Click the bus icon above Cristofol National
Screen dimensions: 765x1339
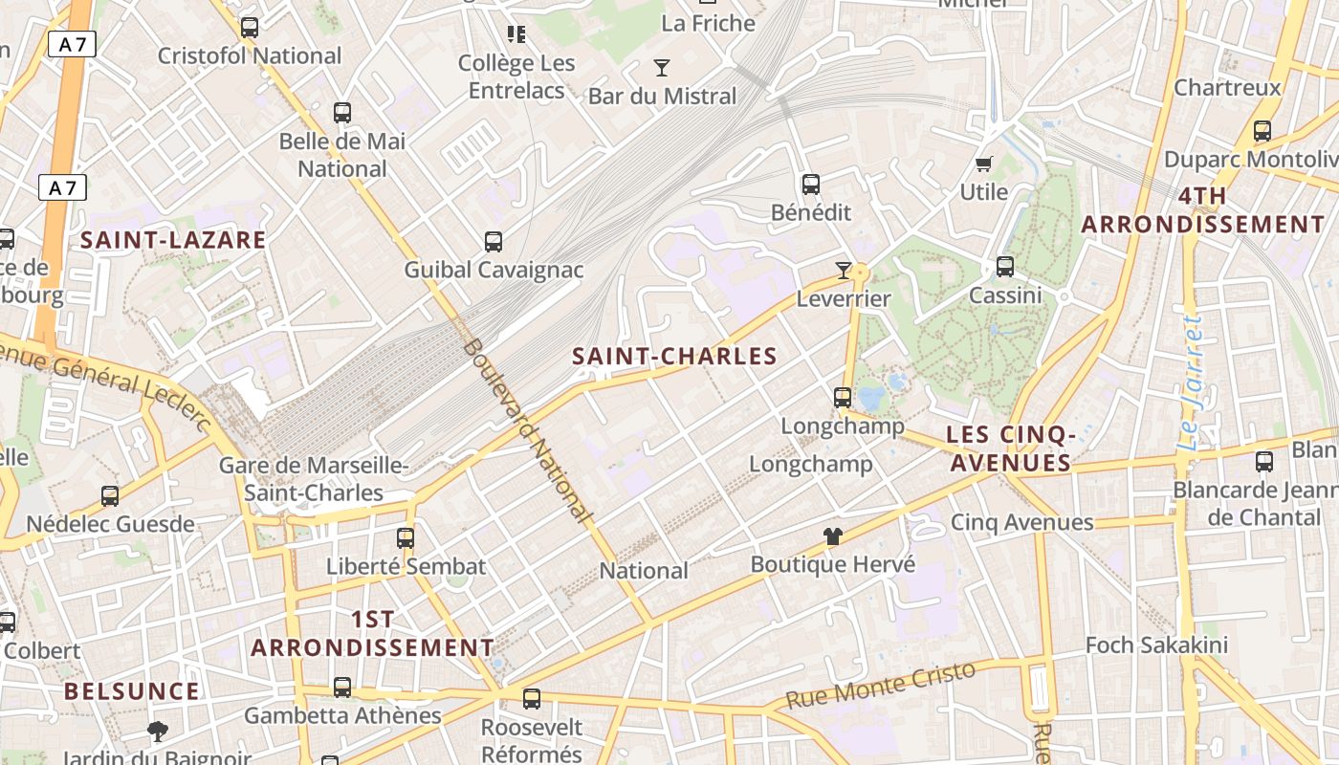pyautogui.click(x=250, y=28)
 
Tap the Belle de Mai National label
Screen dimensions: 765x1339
pyautogui.click(x=342, y=155)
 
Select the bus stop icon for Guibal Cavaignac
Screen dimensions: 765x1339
pyautogui.click(x=494, y=242)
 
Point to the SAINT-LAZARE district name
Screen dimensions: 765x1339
pyautogui.click(x=173, y=240)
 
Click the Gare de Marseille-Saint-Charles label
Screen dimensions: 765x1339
pyautogui.click(x=314, y=479)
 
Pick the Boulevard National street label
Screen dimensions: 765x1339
pyautogui.click(x=527, y=431)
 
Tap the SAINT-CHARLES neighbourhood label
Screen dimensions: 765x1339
pyautogui.click(x=674, y=357)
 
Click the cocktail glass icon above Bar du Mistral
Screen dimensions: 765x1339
pyautogui.click(x=661, y=68)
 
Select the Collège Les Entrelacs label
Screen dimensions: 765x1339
pyautogui.click(x=516, y=76)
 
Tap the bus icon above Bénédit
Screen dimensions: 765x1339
pyautogui.click(x=811, y=185)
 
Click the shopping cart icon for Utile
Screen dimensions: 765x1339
pyautogui.click(x=983, y=164)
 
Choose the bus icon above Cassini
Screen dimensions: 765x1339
pyautogui.click(x=1005, y=267)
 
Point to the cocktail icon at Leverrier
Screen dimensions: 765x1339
pyautogui.click(x=843, y=271)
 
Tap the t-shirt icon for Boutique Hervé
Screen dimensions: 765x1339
pyautogui.click(x=833, y=536)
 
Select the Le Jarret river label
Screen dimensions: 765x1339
pyautogui.click(x=1191, y=382)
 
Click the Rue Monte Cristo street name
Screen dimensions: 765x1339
pyautogui.click(x=880, y=685)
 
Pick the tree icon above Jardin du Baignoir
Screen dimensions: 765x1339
pyautogui.click(x=158, y=732)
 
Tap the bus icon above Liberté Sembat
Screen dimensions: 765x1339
pyautogui.click(x=406, y=538)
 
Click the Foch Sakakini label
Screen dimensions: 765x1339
pyautogui.click(x=1155, y=645)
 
